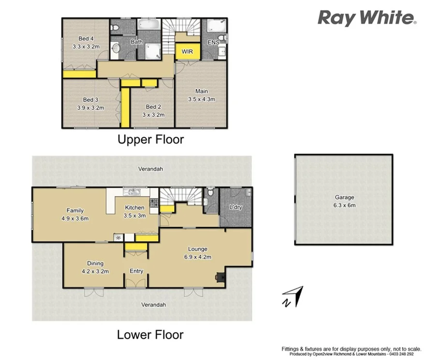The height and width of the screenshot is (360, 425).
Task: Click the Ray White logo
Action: pos(366,18)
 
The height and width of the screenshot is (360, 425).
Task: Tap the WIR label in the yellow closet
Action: pos(187,51)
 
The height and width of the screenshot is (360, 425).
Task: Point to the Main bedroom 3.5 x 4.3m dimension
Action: pos(201,99)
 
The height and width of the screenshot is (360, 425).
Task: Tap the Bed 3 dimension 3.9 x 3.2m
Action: pos(90,108)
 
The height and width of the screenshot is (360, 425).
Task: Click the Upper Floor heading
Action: pos(151,140)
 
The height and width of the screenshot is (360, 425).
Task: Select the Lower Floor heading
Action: pos(150,334)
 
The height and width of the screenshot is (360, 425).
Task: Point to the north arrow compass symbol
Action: pos(293,296)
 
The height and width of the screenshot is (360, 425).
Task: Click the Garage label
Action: pos(345,197)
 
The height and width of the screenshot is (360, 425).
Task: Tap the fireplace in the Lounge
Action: pos(220,277)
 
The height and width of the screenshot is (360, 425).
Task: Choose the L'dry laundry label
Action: pos(235,207)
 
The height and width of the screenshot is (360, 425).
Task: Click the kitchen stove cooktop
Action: pos(154,203)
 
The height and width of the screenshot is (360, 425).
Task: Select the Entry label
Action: pos(136,271)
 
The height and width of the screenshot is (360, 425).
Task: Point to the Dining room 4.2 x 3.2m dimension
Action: pos(95,271)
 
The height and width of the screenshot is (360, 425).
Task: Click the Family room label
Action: pos(75,210)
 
